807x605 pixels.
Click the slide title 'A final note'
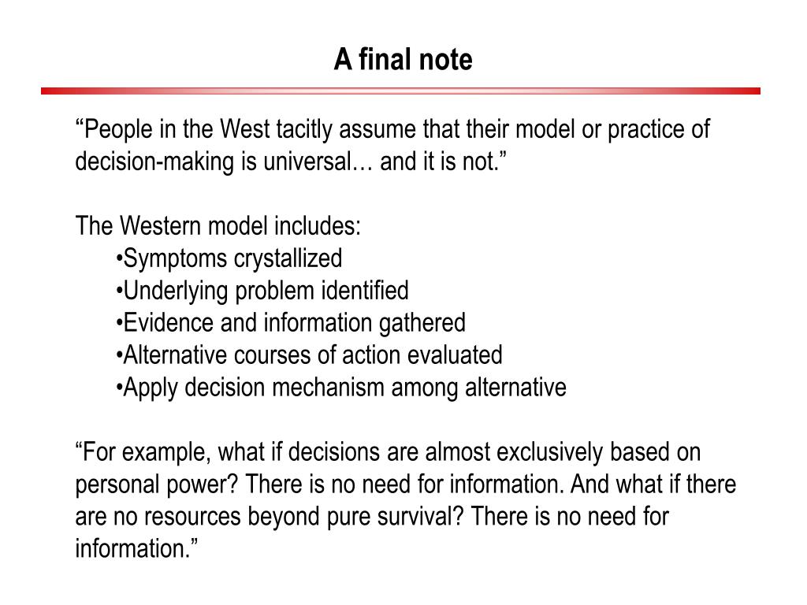(x=403, y=60)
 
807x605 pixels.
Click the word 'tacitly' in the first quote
(x=333, y=129)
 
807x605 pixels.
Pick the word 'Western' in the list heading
(x=162, y=227)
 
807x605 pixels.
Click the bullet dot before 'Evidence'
(x=119, y=323)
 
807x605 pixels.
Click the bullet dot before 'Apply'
(x=119, y=388)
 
